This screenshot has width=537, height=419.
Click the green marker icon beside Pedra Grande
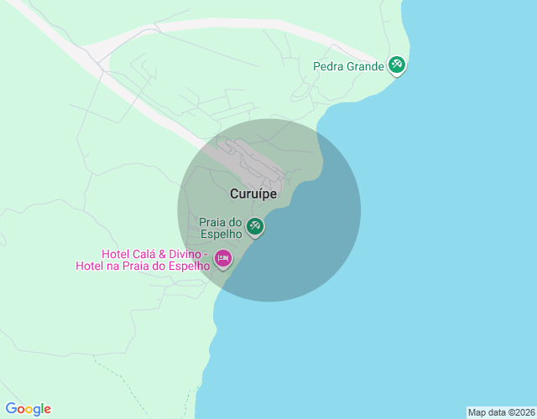click(397, 65)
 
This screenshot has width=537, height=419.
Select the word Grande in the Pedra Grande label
click(366, 66)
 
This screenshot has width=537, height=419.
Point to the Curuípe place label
click(253, 194)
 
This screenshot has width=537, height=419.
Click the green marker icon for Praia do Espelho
click(255, 225)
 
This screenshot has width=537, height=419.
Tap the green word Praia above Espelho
click(212, 223)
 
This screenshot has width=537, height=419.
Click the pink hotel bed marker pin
click(222, 258)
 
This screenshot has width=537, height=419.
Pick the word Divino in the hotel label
click(187, 254)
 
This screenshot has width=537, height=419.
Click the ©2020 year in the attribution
click(520, 412)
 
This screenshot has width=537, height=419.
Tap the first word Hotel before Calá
click(117, 254)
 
